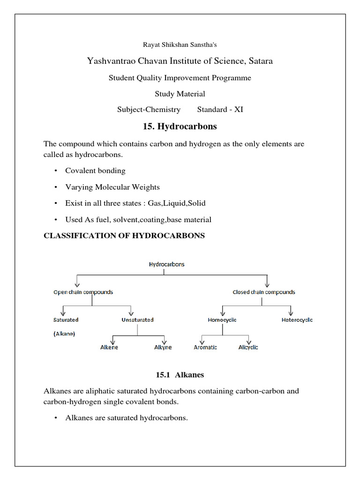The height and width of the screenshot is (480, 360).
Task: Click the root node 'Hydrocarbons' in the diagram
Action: [166, 264]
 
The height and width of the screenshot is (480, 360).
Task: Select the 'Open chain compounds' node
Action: [83, 292]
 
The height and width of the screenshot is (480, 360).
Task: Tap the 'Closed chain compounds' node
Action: [264, 292]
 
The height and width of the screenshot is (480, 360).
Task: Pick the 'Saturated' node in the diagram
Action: [66, 320]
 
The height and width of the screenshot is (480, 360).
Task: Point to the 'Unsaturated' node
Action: [137, 320]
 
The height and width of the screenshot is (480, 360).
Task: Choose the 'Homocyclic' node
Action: [222, 320]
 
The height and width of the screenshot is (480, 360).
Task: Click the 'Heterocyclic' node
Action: [297, 320]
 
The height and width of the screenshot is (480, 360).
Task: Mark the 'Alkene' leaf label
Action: [109, 347]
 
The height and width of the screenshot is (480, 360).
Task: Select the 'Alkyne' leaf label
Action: [163, 347]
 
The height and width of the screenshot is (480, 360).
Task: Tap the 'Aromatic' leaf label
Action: [205, 347]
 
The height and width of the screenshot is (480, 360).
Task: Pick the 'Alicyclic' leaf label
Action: [248, 347]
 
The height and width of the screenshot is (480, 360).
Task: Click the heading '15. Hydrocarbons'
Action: [180, 127]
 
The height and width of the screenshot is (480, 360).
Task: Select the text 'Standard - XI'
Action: [220, 110]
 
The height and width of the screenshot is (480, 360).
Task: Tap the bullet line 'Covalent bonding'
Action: [95, 171]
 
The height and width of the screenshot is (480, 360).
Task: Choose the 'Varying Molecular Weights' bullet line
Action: [112, 187]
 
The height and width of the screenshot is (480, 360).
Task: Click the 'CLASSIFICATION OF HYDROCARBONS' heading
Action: [124, 236]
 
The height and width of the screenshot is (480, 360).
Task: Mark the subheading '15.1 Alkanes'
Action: [180, 375]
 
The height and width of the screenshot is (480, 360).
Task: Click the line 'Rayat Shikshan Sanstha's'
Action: [180, 45]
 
